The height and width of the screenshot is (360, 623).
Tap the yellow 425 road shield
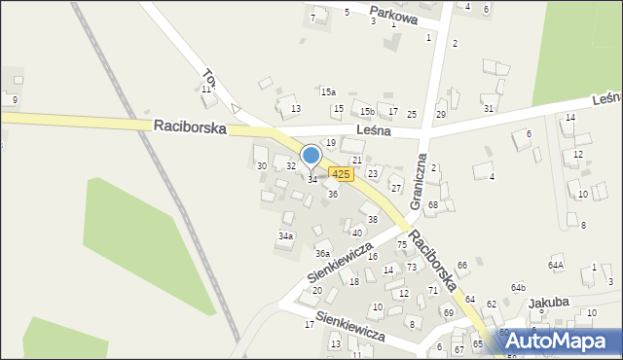click(340, 173)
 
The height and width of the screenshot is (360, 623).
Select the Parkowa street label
click(393, 17)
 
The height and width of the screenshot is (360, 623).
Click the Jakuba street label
click(548, 303)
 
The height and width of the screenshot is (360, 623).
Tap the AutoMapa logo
click(564, 341)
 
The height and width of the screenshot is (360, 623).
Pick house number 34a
click(285, 235)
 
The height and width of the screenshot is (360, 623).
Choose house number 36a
click(322, 254)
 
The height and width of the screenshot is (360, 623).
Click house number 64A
click(556, 265)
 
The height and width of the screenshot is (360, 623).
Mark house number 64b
click(519, 288)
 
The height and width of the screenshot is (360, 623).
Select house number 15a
click(329, 92)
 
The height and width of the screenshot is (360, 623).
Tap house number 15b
click(365, 113)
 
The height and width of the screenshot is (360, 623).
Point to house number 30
click(261, 166)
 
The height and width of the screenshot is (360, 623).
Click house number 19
click(331, 143)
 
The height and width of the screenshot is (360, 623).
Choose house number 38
click(372, 220)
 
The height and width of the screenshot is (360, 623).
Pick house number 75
click(401, 244)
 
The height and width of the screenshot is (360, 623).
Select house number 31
click(489, 108)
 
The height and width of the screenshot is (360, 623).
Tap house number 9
click(15, 100)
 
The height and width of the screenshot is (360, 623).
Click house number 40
click(357, 233)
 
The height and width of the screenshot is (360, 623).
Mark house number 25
click(412, 115)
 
